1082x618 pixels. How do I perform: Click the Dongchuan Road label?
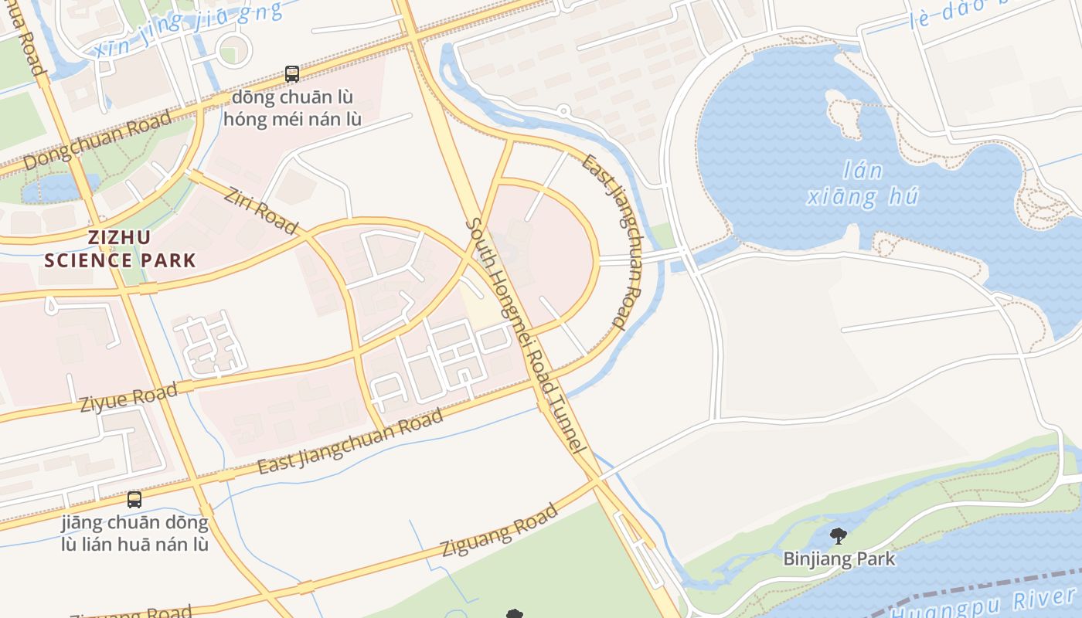pos(97,141)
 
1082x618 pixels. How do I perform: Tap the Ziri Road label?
pos(261,209)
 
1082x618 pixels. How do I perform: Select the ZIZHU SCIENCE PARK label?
pos(120,248)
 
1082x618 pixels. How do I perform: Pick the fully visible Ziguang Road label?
pos(499,530)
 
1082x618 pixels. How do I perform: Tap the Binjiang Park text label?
pos(839,559)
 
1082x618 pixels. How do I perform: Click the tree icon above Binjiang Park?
pos(838,535)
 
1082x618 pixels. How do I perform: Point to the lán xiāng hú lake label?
pos(863,184)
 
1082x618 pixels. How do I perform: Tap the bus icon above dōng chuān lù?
pos(292,74)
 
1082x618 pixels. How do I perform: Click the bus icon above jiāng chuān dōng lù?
pos(134,499)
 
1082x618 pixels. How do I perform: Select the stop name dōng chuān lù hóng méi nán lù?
pos(291,108)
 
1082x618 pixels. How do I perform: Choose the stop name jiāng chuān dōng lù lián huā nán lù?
pos(135,533)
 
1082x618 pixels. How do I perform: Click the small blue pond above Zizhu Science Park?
pos(59,188)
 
